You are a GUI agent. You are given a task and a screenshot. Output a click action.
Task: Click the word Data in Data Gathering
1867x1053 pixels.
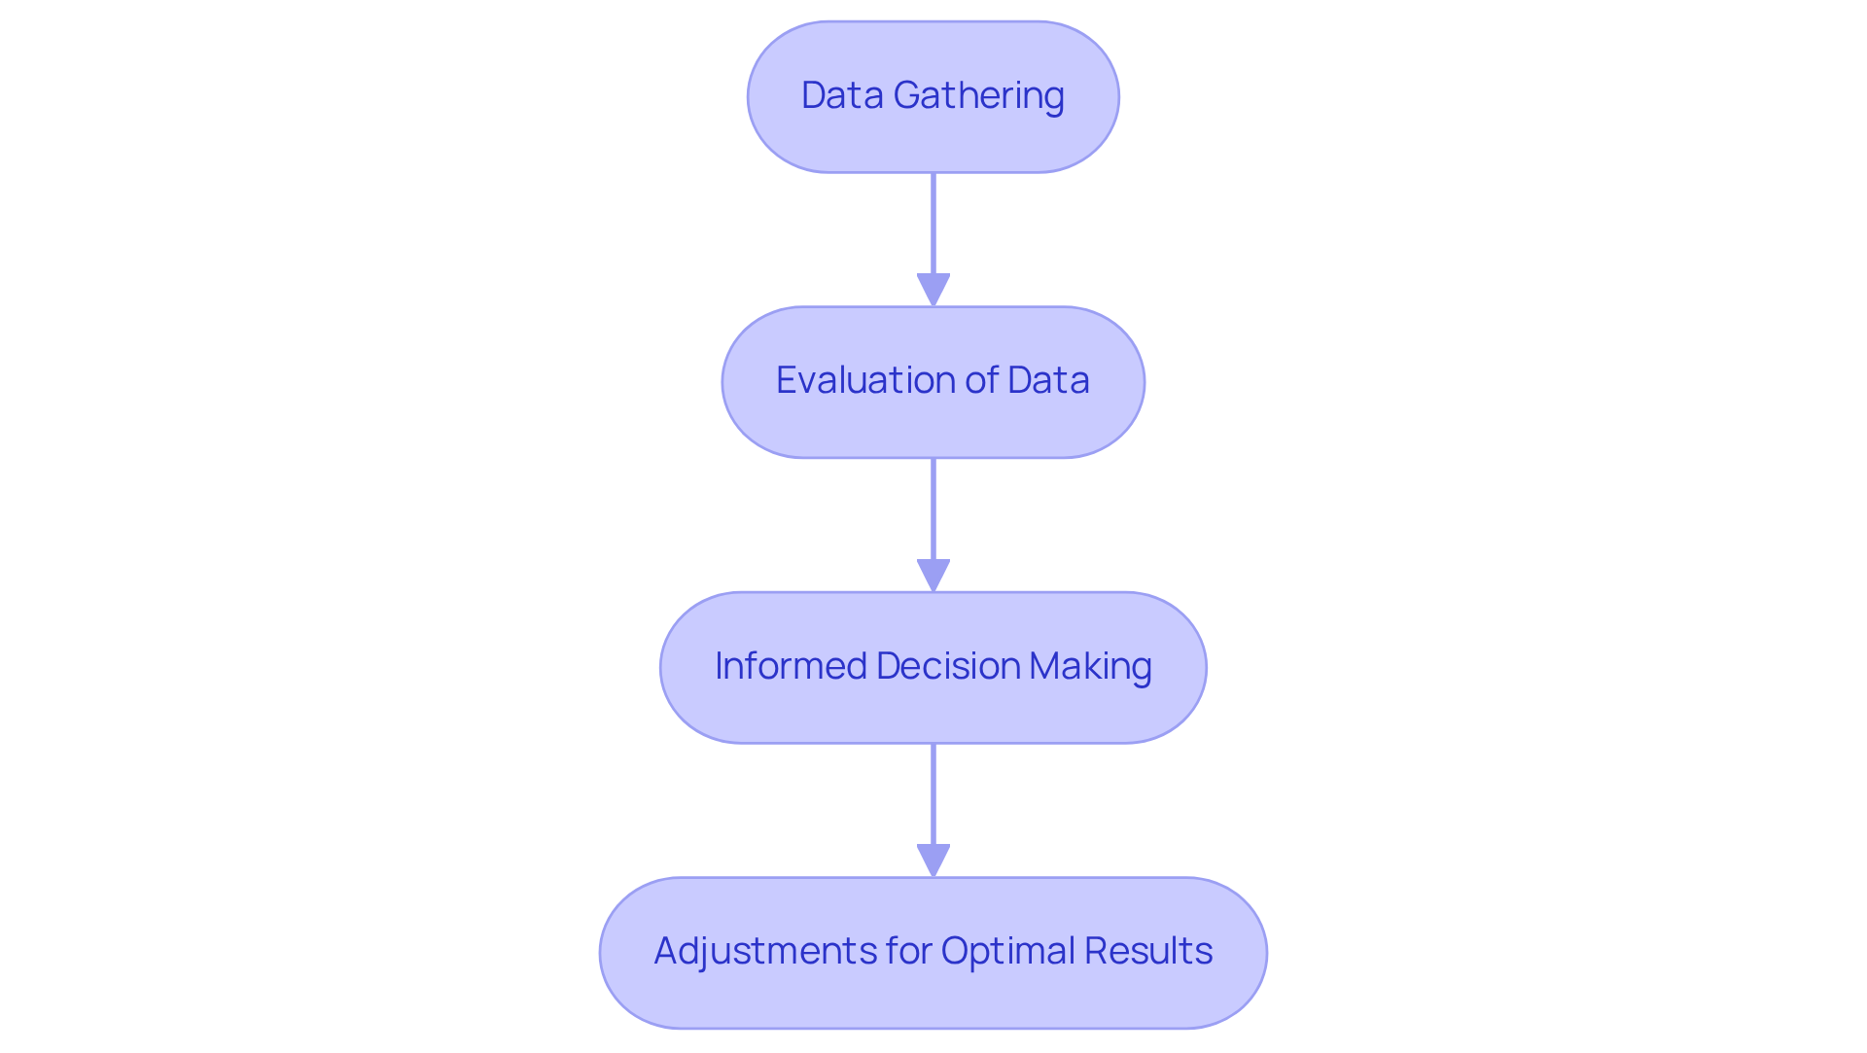pyautogui.click(x=842, y=95)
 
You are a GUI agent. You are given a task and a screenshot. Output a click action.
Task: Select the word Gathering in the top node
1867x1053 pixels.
pyautogui.click(x=978, y=96)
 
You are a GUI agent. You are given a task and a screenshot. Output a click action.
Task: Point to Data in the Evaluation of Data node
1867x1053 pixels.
pyautogui.click(x=1048, y=380)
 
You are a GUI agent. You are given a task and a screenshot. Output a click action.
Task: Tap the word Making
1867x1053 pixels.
pyautogui.click(x=1090, y=666)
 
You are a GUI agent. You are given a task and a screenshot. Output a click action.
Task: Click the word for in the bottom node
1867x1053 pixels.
pyautogui.click(x=909, y=951)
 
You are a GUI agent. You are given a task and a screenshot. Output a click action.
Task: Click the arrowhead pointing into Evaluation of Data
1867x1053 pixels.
pyautogui.click(x=933, y=290)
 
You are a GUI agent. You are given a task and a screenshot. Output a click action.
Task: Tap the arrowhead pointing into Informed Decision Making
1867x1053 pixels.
pyautogui.click(x=933, y=575)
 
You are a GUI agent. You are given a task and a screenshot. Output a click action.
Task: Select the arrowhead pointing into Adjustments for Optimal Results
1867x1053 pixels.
pyautogui.click(x=933, y=860)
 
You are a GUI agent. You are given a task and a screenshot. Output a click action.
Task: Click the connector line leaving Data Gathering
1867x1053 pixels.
pyautogui.click(x=933, y=224)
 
